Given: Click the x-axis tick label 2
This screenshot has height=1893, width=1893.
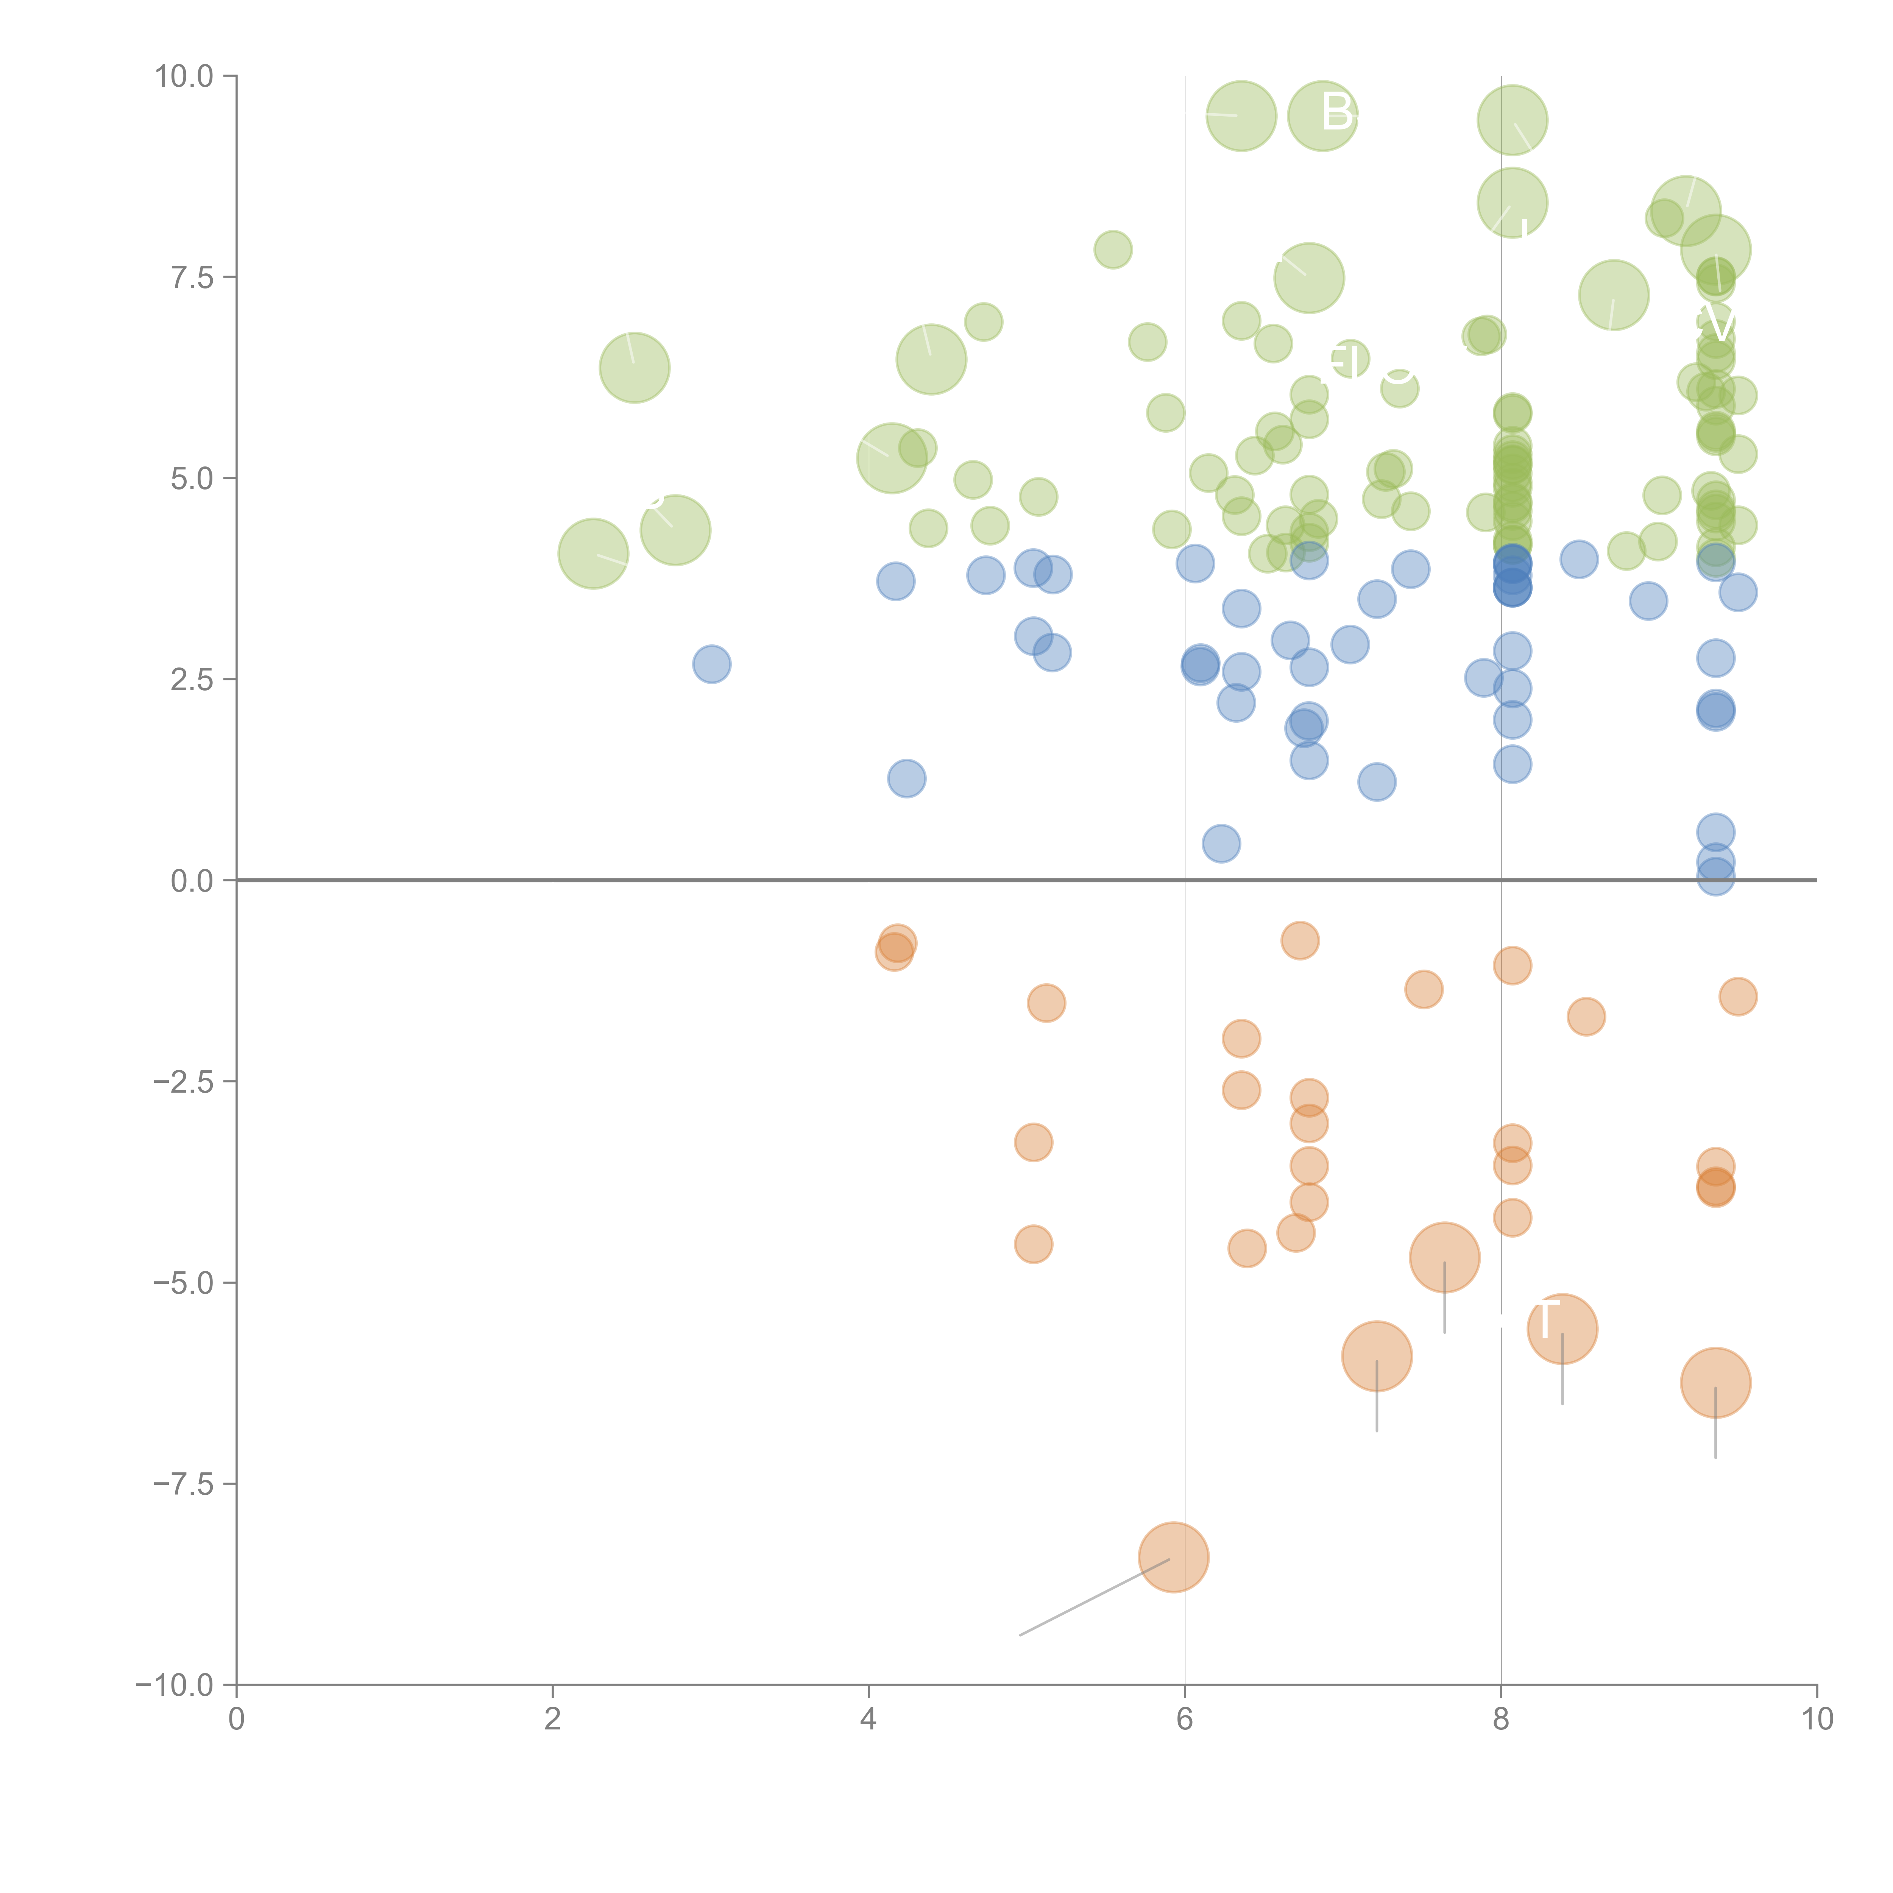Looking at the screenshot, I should pos(553,1720).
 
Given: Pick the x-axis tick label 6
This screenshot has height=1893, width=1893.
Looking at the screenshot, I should pos(1185,1720).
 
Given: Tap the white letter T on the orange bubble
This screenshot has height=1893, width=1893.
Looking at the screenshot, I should pos(1545,1321).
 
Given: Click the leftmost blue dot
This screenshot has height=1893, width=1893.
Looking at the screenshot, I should pos(711,664).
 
